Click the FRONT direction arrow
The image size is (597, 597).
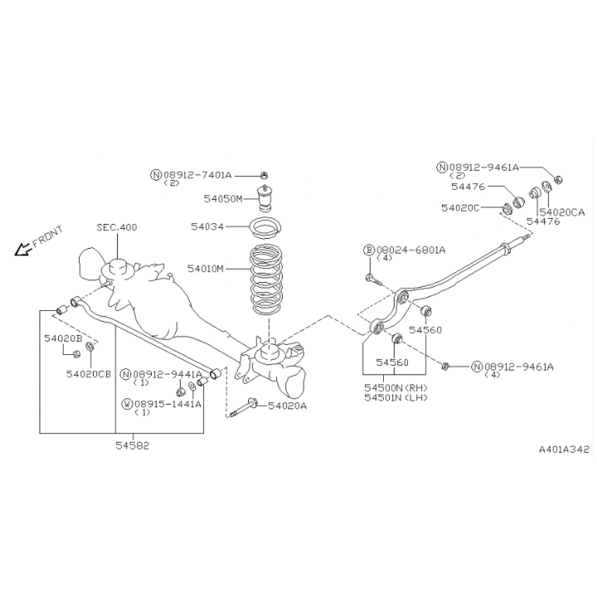[x=23, y=250]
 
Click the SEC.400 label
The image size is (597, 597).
[x=117, y=227]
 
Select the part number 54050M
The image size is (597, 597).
[x=223, y=199]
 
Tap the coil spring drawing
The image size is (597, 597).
[x=266, y=279]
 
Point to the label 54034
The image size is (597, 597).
[x=207, y=226]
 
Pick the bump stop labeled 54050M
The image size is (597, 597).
[x=265, y=197]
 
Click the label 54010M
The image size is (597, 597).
[x=206, y=269]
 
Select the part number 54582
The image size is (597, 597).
[x=133, y=445]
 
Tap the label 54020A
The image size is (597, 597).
[x=288, y=405]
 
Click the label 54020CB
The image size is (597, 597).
[x=89, y=374]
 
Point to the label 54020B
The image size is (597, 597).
[x=63, y=338]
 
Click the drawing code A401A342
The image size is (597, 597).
[x=564, y=449]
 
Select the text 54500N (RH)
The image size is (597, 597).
[x=396, y=388]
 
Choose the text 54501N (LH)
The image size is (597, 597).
[x=396, y=397]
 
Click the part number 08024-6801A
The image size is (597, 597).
[x=410, y=250]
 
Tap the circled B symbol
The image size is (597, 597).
[x=369, y=250]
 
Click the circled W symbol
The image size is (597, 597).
[x=127, y=404]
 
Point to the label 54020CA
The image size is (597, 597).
[x=562, y=212]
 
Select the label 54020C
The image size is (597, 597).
[x=460, y=207]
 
